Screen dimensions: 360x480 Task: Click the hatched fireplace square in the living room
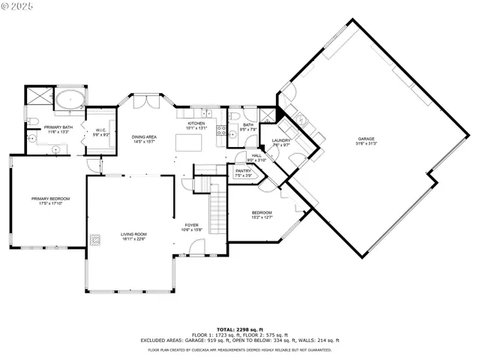(95, 241)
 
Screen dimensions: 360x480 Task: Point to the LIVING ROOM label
(133, 234)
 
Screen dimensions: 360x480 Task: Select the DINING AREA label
(144, 136)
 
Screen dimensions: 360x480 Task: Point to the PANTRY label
(243, 171)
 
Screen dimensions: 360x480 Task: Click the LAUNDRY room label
(281, 140)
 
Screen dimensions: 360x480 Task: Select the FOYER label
(191, 225)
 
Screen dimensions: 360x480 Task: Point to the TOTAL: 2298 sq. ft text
(237, 330)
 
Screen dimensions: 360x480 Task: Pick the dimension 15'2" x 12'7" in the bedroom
(262, 217)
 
